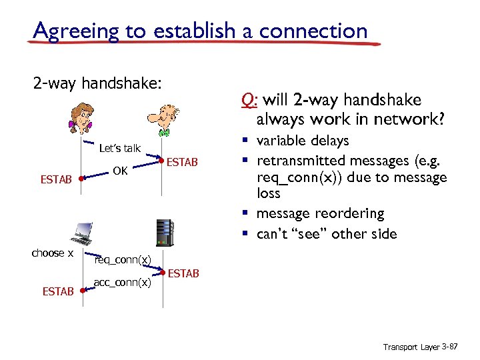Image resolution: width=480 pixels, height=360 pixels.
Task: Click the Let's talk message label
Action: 119,148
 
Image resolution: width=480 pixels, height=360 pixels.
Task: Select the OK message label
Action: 120,171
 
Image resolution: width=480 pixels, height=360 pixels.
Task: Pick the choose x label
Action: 53,253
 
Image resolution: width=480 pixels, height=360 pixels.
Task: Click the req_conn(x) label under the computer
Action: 123,259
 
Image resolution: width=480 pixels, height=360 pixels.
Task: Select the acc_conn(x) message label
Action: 122,282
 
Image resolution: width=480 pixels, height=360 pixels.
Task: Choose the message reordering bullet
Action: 320,213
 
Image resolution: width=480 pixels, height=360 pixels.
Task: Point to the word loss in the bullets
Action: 269,193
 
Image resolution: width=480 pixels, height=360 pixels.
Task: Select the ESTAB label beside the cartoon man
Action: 182,161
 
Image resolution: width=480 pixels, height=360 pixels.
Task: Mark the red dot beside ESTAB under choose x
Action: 81,291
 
